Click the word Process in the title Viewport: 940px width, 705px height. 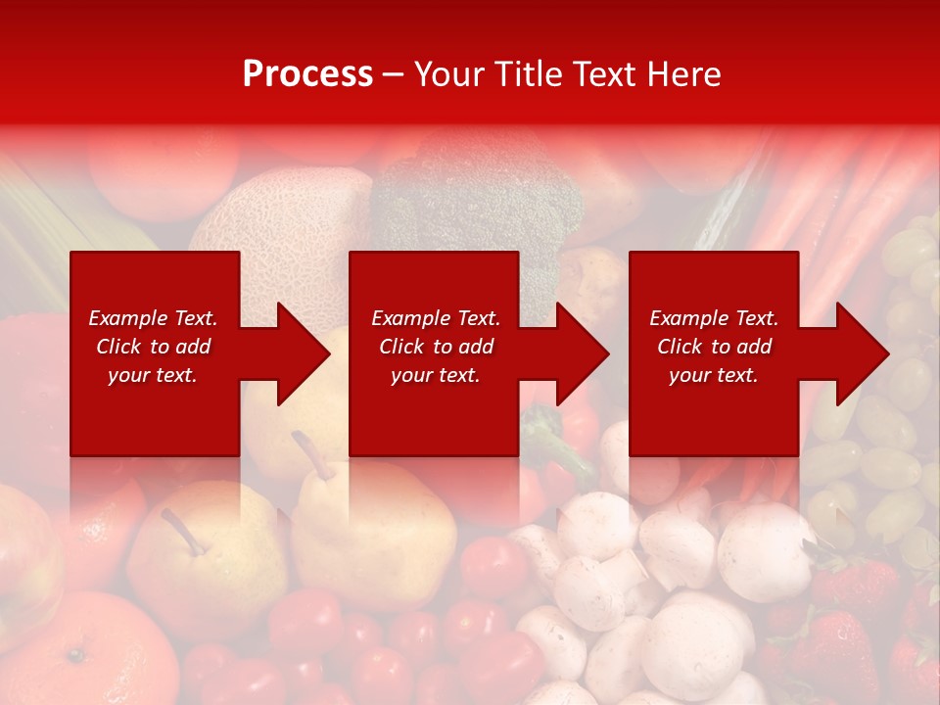(307, 74)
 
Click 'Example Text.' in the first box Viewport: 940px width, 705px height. (154, 318)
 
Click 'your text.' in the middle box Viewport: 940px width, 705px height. (436, 375)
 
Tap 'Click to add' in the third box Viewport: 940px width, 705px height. (715, 347)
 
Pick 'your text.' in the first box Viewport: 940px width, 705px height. (154, 375)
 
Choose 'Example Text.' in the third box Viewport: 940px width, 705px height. (715, 318)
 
